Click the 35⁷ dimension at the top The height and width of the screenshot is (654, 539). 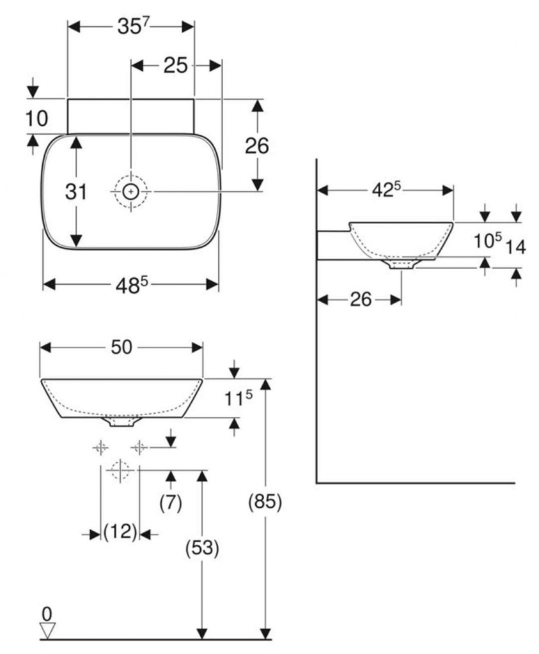point(133,27)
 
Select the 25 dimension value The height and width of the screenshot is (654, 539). point(175,66)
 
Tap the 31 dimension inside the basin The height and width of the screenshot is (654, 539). point(76,192)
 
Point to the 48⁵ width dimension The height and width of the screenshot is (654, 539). point(132,285)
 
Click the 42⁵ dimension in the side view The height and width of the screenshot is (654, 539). point(386,190)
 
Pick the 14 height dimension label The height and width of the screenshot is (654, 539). point(515,247)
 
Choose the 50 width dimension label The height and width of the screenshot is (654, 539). point(121,347)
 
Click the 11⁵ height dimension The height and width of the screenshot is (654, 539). point(238,399)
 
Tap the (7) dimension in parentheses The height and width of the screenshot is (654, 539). point(171,503)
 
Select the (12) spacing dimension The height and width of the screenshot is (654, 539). point(120,532)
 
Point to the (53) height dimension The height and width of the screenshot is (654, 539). point(202,547)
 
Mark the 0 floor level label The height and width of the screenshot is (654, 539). point(47,614)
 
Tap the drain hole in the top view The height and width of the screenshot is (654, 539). point(130,192)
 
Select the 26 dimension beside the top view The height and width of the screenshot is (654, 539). point(257,146)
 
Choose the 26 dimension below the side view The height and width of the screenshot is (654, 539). point(361,300)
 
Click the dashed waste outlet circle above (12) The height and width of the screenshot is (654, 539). point(120,471)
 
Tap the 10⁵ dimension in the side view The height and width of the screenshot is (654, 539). point(487,241)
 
